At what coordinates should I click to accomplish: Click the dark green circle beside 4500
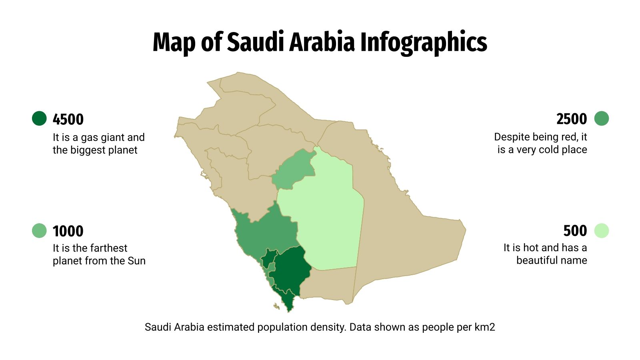pos(39,118)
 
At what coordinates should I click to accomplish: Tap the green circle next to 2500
pos(601,118)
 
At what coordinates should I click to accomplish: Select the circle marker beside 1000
pos(39,231)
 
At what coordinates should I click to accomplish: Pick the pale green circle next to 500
pos(601,231)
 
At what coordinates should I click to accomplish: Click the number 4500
pos(68,119)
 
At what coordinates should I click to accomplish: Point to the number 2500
pos(571,119)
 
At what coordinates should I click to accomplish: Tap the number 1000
pos(68,231)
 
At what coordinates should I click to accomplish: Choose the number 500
pos(575,231)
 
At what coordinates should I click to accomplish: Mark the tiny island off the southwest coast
pos(276,307)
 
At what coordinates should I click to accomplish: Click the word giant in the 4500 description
pos(112,138)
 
